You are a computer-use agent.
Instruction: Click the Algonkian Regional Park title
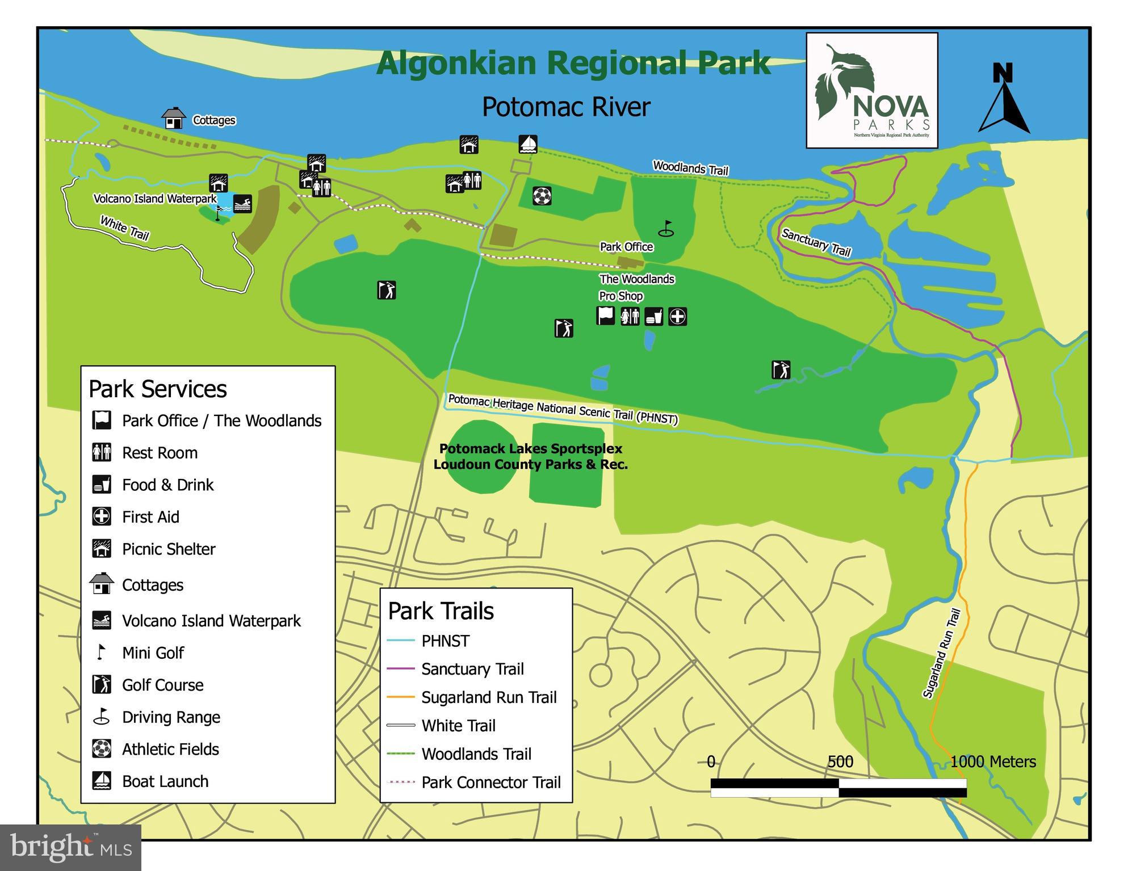coord(573,63)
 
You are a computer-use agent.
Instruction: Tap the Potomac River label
coord(566,107)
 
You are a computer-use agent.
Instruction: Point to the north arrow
coord(1004,100)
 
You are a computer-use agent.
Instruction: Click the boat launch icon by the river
coord(528,144)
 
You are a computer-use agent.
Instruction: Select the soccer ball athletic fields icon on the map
coord(542,196)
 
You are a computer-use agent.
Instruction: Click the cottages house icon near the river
coord(174,119)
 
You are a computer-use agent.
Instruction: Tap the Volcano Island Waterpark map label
coord(155,199)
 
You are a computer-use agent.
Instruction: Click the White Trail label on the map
coord(124,228)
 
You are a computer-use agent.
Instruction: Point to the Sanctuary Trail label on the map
coord(816,243)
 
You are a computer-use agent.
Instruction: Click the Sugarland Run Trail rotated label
coord(941,653)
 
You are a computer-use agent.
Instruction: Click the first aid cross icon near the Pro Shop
coord(677,316)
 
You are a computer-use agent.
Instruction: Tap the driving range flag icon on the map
coord(666,229)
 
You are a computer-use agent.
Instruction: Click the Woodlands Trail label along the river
coord(690,168)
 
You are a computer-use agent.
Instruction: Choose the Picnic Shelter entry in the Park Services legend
coord(168,549)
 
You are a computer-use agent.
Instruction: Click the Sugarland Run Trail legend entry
coord(488,697)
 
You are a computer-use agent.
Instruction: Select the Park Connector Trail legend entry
coord(490,782)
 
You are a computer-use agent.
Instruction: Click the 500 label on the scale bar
coord(840,761)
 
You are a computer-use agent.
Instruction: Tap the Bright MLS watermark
coord(70,848)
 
